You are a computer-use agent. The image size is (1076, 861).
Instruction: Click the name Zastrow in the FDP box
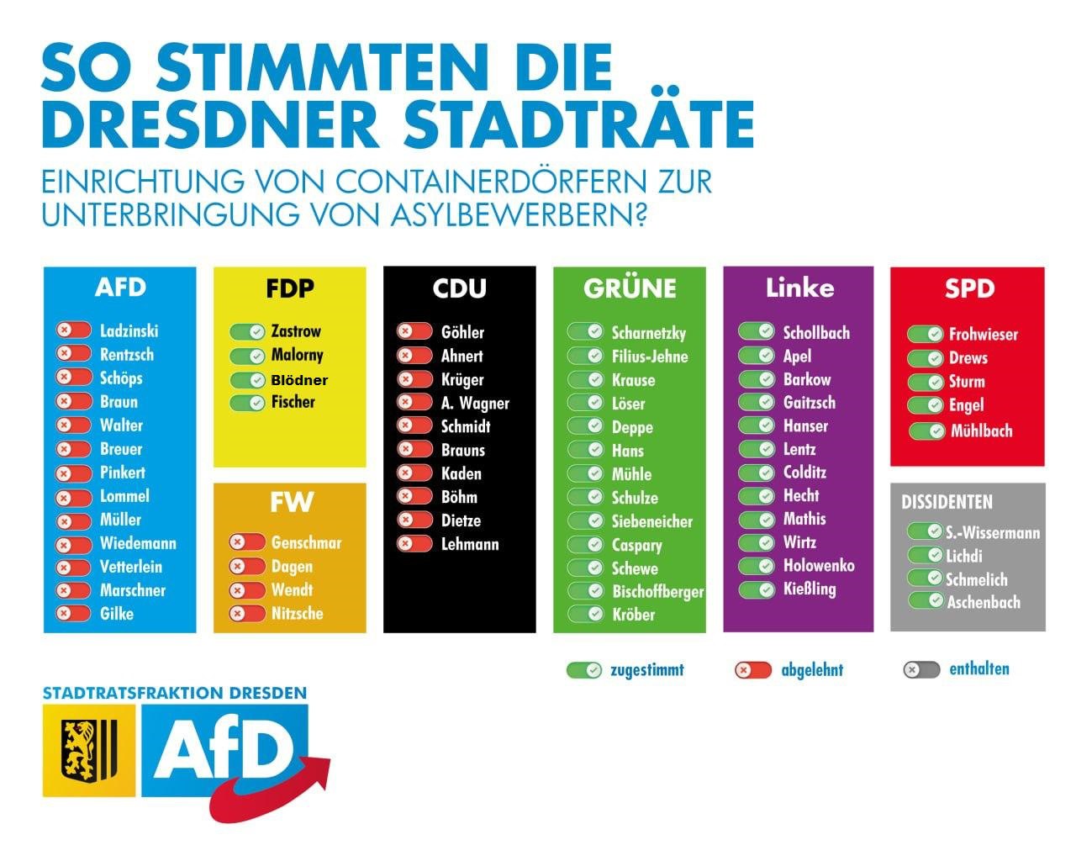(x=295, y=331)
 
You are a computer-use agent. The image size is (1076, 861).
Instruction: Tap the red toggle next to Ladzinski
(x=73, y=330)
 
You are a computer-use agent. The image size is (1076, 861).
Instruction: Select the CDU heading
(x=459, y=288)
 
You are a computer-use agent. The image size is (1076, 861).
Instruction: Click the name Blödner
(x=298, y=380)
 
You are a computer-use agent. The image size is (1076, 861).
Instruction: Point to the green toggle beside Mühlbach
(x=926, y=431)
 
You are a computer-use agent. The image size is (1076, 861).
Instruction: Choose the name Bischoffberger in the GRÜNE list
(x=657, y=592)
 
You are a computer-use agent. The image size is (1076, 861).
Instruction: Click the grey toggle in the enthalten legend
(x=920, y=670)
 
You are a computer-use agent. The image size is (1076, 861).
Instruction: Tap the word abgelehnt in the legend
(x=811, y=670)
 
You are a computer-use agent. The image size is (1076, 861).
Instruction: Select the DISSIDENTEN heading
(x=947, y=502)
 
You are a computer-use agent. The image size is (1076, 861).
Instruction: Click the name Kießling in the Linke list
(x=809, y=589)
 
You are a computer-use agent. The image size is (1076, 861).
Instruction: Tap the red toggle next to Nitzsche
(x=247, y=614)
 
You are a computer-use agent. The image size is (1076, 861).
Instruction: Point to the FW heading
(x=291, y=502)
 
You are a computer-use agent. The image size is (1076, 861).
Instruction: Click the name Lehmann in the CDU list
(x=469, y=544)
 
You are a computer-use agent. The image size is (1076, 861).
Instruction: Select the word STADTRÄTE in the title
(x=578, y=124)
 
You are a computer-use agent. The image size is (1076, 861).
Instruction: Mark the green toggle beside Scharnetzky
(x=585, y=332)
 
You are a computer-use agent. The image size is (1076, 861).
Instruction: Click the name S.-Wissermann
(x=992, y=532)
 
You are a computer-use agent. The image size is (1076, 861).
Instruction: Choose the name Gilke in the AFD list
(x=116, y=614)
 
